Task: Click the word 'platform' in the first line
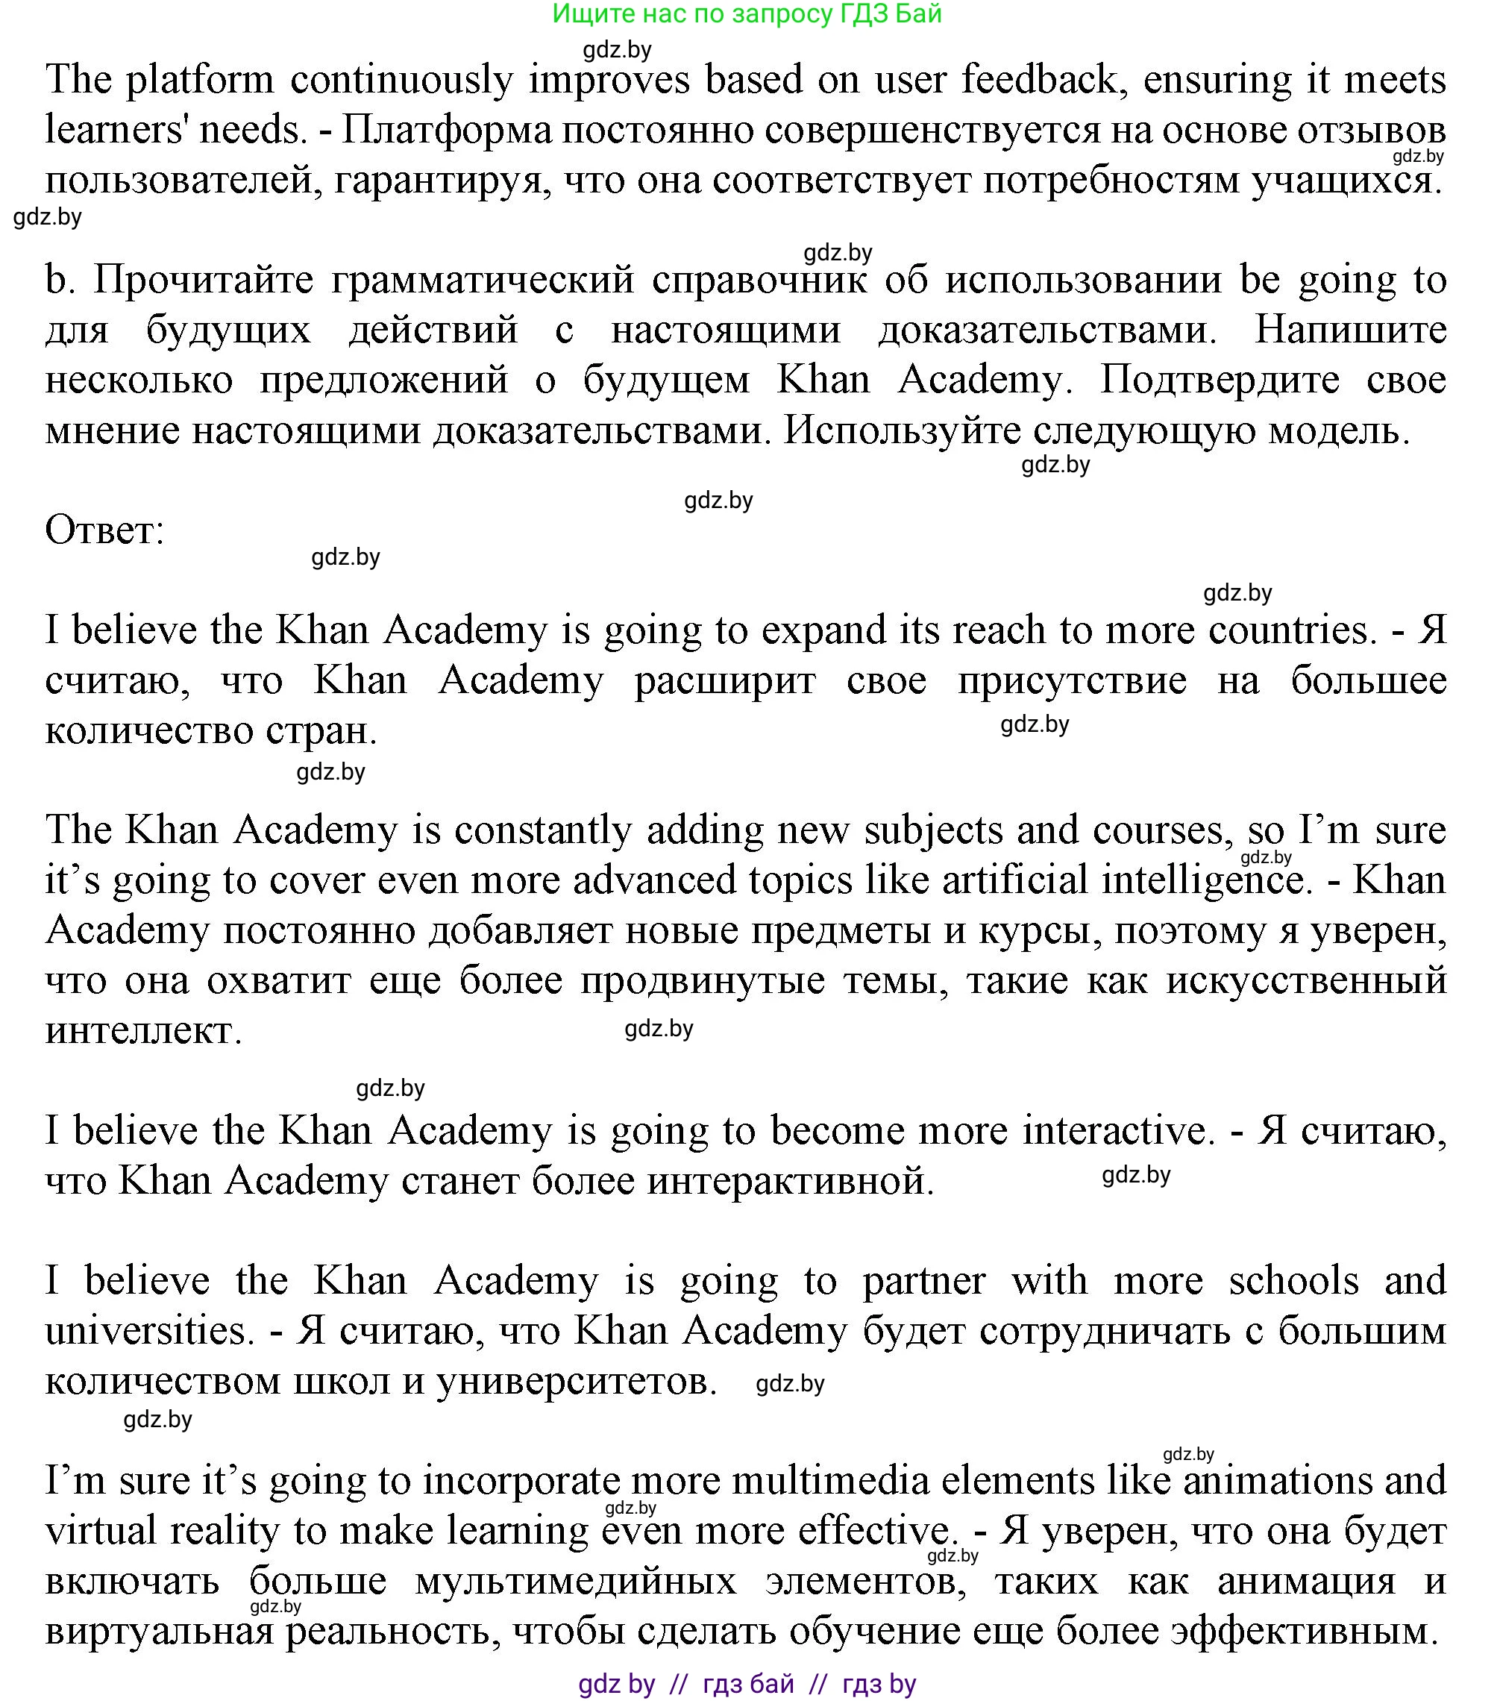[x=200, y=81]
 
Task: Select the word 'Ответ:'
[x=105, y=530]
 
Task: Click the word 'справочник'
[x=759, y=281]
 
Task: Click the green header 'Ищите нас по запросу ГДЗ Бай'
[x=747, y=14]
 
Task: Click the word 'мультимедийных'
[x=576, y=1582]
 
